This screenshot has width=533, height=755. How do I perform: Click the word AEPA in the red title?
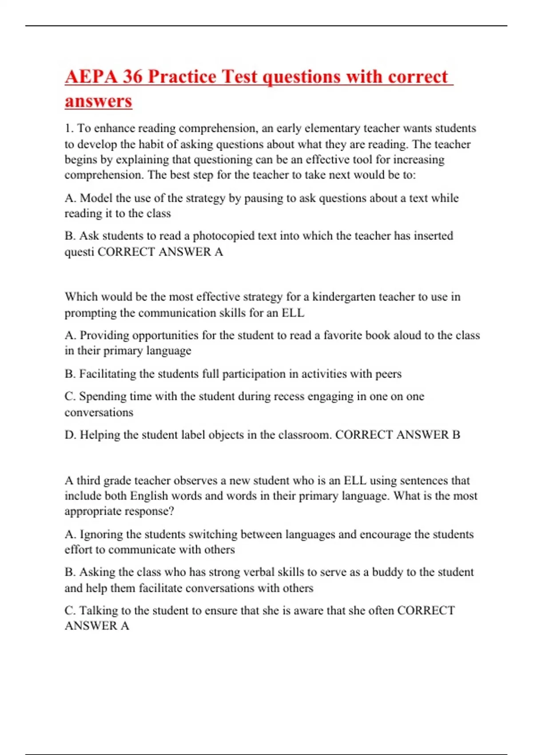(x=91, y=77)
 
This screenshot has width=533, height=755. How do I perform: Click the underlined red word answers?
(x=98, y=101)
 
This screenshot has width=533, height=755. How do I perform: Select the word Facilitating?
(x=107, y=374)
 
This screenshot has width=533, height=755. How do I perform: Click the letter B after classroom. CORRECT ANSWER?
(x=456, y=435)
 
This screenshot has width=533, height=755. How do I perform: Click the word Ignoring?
(x=101, y=534)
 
